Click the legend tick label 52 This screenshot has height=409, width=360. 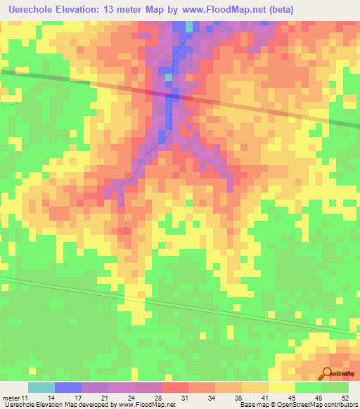click(345, 397)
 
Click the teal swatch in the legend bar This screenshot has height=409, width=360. click(41, 387)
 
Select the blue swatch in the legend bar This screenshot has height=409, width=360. click(67, 387)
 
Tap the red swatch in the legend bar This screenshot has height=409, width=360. click(174, 387)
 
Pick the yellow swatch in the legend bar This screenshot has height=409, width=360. click(281, 387)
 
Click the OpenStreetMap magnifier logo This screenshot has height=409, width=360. click(326, 373)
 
